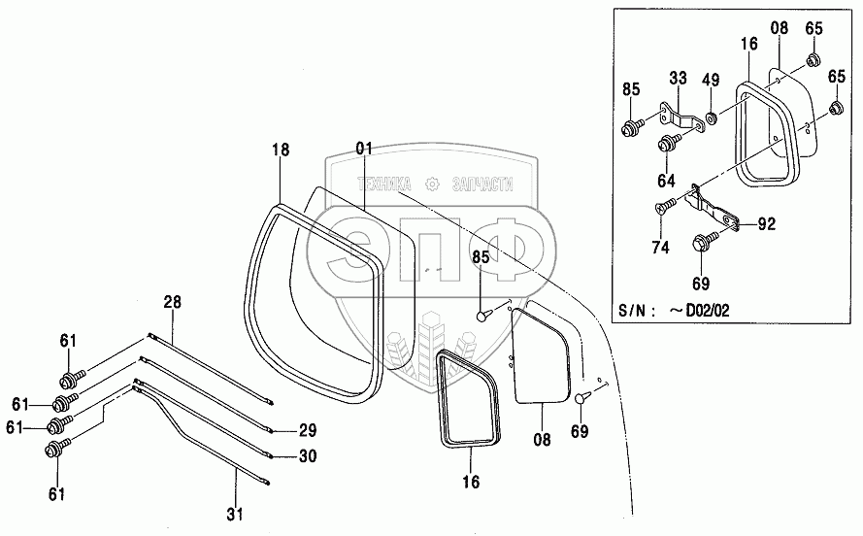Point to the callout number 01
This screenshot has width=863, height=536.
click(364, 149)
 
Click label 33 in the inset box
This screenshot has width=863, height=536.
click(677, 78)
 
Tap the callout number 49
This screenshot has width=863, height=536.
click(712, 81)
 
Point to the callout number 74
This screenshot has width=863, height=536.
click(660, 247)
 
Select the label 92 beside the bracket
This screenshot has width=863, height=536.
click(767, 224)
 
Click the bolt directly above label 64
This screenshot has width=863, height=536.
click(667, 145)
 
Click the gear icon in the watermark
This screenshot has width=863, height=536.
click(432, 183)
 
